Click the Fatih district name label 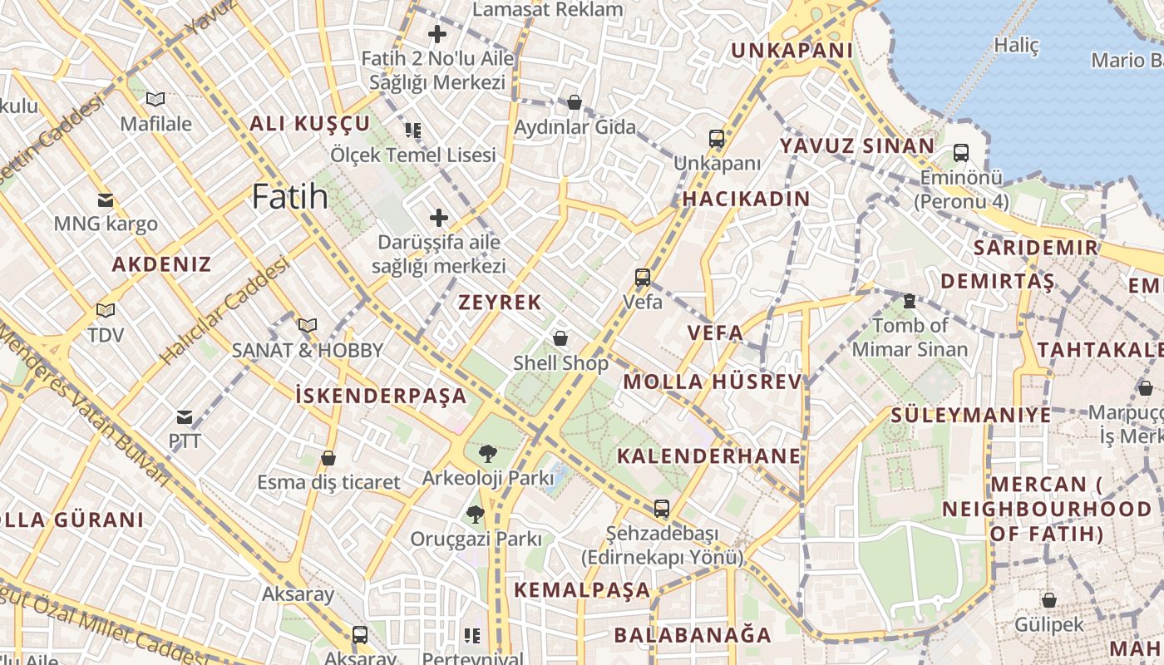pyautogui.click(x=289, y=197)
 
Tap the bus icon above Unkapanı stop pyautogui.click(x=717, y=139)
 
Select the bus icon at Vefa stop pyautogui.click(x=643, y=278)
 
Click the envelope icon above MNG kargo pyautogui.click(x=105, y=200)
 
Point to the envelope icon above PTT pyautogui.click(x=185, y=417)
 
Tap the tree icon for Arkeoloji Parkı pyautogui.click(x=487, y=454)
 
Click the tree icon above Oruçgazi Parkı pyautogui.click(x=475, y=515)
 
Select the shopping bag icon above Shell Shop pyautogui.click(x=560, y=338)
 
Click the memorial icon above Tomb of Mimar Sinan pyautogui.click(x=910, y=301)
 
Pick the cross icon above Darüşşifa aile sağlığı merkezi pyautogui.click(x=438, y=219)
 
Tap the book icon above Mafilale pyautogui.click(x=155, y=100)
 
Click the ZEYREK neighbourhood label pyautogui.click(x=500, y=303)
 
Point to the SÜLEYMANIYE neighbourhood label pyautogui.click(x=971, y=415)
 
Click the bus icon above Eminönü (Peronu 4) pyautogui.click(x=961, y=153)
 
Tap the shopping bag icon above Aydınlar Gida pyautogui.click(x=574, y=103)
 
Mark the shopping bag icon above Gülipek pyautogui.click(x=1048, y=600)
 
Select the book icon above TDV pyautogui.click(x=105, y=311)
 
